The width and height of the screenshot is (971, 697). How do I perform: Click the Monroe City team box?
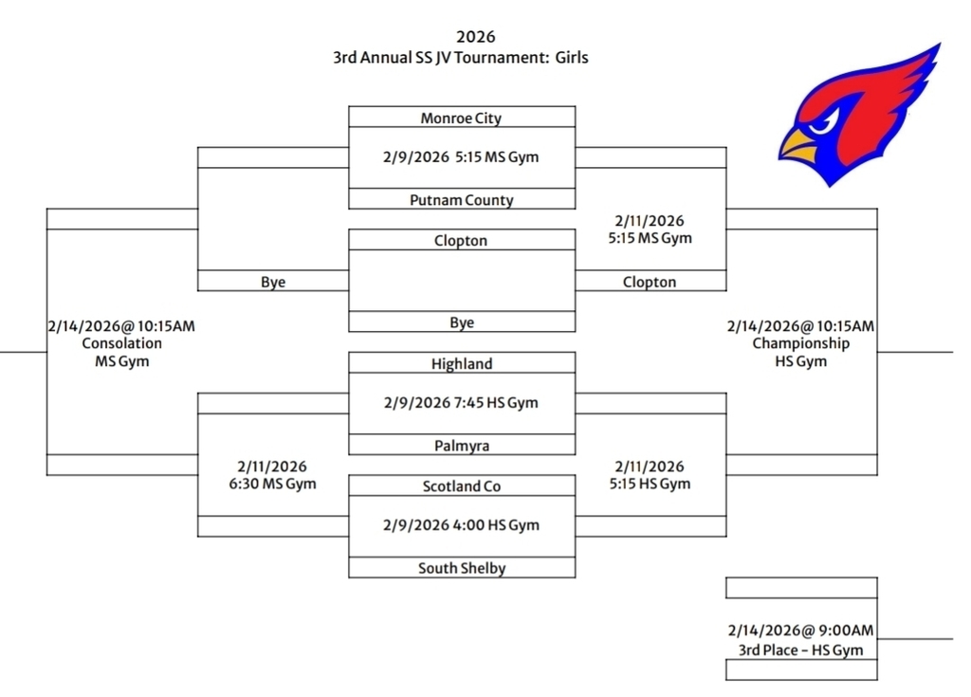(x=461, y=118)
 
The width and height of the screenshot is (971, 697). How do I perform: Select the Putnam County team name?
(x=461, y=200)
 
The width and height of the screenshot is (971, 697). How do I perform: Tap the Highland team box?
(x=461, y=363)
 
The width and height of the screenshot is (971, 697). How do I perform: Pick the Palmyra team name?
(x=461, y=445)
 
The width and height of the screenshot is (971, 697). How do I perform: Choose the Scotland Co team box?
(x=461, y=486)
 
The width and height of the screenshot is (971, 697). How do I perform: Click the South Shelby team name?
(x=461, y=568)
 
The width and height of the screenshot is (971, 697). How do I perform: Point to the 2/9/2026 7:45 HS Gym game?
(x=461, y=403)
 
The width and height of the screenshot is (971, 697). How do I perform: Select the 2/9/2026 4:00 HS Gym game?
(x=461, y=525)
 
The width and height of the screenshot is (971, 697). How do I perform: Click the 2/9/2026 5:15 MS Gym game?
(x=461, y=157)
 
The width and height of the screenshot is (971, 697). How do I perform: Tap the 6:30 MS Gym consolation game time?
(x=272, y=484)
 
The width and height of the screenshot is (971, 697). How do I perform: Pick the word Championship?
(x=800, y=343)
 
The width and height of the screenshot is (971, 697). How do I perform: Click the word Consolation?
(x=121, y=343)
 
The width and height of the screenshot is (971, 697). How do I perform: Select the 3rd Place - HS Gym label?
(x=800, y=650)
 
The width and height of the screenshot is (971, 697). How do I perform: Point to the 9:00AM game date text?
(x=800, y=631)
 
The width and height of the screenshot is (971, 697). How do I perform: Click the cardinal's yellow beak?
(x=799, y=146)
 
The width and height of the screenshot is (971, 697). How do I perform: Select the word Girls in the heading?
(x=572, y=58)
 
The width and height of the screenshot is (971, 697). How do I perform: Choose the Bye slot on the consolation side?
(x=273, y=282)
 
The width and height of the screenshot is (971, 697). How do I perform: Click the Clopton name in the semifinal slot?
(x=650, y=282)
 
